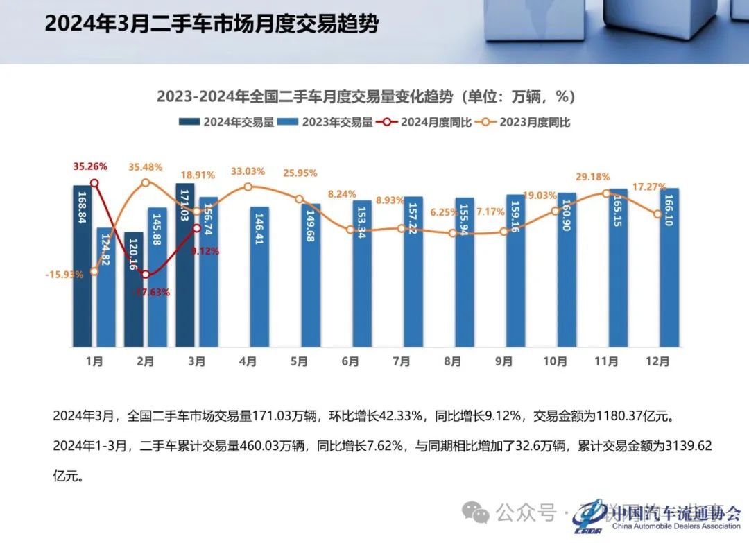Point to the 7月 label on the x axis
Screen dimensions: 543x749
pos(401,361)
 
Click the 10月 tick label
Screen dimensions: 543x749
pos(555,361)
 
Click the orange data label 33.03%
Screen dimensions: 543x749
pos(249,171)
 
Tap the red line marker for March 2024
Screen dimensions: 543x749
pos(197,227)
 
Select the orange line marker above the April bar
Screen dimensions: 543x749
pos(248,187)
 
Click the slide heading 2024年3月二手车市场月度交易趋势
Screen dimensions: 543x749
pos(212,25)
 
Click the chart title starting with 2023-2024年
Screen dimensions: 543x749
pos(365,96)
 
